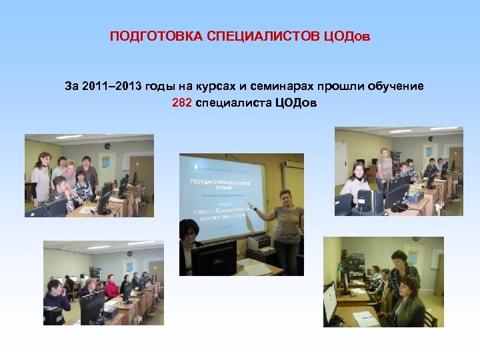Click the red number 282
click(x=181, y=103)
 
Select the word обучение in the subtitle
click(x=393, y=87)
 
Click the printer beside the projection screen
click(x=258, y=241)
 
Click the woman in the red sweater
click(x=111, y=287)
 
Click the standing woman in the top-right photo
click(x=384, y=167)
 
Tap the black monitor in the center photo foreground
click(x=213, y=257)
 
